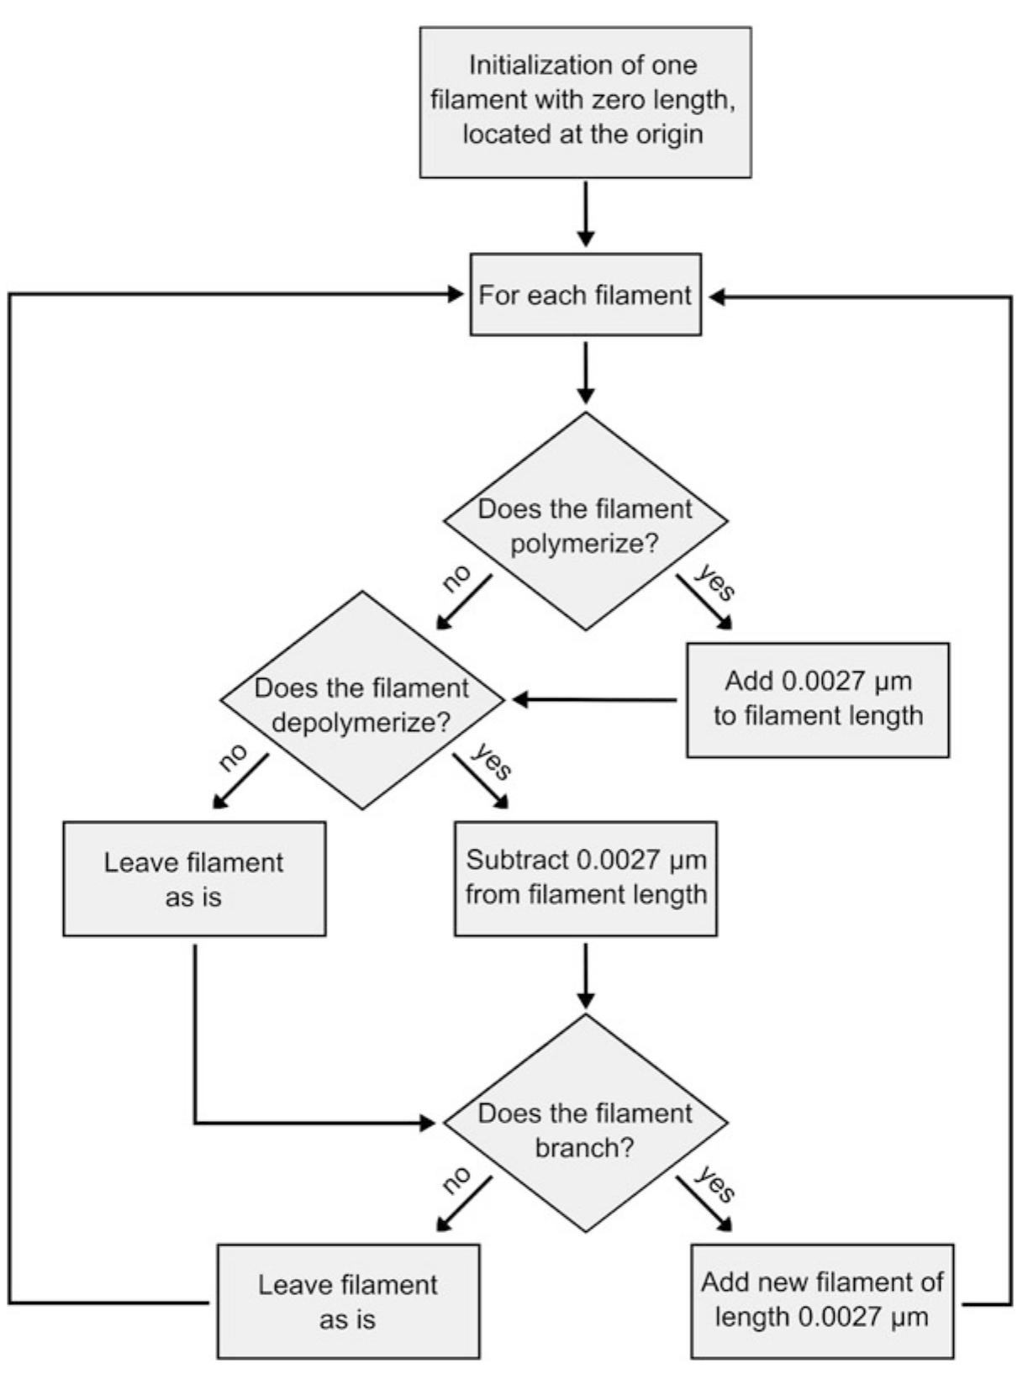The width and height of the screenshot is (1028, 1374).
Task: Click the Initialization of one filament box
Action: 585,102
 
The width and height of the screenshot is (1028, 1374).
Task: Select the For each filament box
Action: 585,295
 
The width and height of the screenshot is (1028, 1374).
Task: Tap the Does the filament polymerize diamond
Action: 585,521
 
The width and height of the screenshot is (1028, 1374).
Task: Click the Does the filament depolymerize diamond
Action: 362,700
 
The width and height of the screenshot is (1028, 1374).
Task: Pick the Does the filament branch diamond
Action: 585,1124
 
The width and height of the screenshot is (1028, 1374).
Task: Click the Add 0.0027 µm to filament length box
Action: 817,700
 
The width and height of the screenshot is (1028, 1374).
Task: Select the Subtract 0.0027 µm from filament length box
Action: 585,878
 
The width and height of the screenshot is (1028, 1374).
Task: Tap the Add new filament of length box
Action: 821,1300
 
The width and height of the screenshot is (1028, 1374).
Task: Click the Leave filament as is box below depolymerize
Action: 194,878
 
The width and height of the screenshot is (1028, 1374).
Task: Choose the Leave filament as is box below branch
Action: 348,1301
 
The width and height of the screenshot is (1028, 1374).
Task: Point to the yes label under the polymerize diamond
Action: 714,582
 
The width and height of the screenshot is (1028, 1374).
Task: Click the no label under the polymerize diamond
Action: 456,579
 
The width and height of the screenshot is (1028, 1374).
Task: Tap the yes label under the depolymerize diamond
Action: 491,761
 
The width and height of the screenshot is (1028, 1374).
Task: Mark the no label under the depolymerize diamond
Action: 234,757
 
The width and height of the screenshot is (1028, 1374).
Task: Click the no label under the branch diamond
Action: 456,1181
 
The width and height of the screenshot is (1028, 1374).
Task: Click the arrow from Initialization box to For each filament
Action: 585,214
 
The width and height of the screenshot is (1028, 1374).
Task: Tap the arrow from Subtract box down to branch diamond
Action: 585,975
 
